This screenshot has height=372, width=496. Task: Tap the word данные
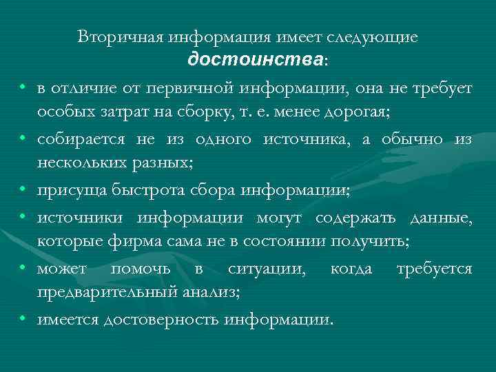click(x=440, y=218)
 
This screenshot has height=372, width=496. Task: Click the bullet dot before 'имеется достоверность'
click(x=23, y=319)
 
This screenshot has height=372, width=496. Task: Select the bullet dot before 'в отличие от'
click(x=23, y=87)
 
